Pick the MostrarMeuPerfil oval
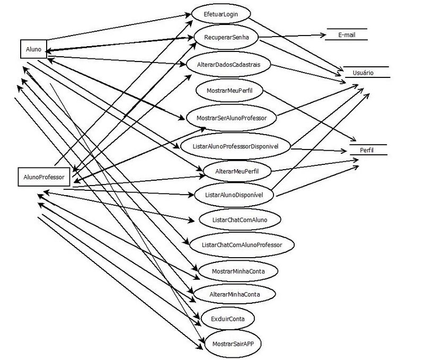coord(228,91)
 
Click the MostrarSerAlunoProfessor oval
coord(231,117)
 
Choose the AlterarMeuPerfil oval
coord(237,171)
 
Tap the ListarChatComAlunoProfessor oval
coord(242,245)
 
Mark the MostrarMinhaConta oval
coord(237,271)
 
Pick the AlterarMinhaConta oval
coord(234,293)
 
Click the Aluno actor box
coord(33,49)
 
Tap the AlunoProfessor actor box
coord(43,177)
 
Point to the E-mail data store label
coord(347,36)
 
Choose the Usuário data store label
coord(366,73)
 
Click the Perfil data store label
coord(367,150)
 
